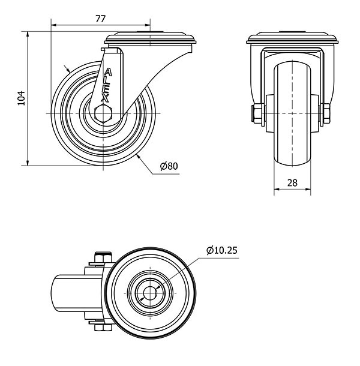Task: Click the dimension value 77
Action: (x=101, y=19)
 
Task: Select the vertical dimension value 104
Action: (x=22, y=98)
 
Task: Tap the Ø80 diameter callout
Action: (x=169, y=166)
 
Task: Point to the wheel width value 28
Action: (x=292, y=183)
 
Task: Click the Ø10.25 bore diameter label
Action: (x=222, y=250)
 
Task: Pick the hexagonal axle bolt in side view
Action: (x=103, y=113)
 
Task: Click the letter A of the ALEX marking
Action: (x=108, y=73)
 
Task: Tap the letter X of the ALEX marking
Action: (x=105, y=98)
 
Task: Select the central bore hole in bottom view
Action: (x=149, y=293)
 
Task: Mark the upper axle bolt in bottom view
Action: (x=103, y=257)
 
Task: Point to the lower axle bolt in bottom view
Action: (x=103, y=328)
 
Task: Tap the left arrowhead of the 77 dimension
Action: (x=53, y=25)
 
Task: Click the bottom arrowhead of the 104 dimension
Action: (x=28, y=163)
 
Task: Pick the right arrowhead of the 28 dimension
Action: (x=308, y=189)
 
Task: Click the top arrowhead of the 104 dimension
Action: (x=28, y=34)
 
